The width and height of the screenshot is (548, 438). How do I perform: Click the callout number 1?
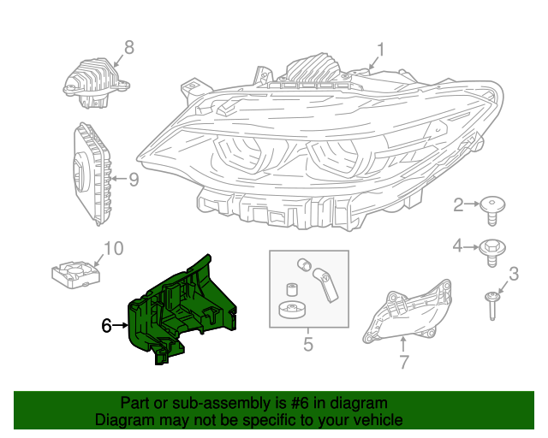pyautogui.click(x=380, y=50)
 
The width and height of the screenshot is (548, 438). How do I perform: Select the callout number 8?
pyautogui.click(x=128, y=47)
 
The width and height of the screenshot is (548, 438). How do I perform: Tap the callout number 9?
pyautogui.click(x=133, y=181)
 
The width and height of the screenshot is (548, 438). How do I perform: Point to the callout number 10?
pyautogui.click(x=113, y=249)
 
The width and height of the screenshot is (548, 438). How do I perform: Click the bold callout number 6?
pyautogui.click(x=106, y=325)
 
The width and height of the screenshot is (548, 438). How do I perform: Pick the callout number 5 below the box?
pyautogui.click(x=307, y=346)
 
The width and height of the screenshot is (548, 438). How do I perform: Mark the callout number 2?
pyautogui.click(x=458, y=204)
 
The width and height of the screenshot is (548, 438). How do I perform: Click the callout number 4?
pyautogui.click(x=458, y=246)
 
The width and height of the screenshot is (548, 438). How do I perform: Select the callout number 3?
pyautogui.click(x=514, y=275)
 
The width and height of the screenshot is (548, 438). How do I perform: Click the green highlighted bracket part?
pyautogui.click(x=182, y=308)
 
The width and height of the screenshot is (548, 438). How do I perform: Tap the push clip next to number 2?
pyautogui.click(x=492, y=206)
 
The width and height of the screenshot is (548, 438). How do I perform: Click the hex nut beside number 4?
pyautogui.click(x=494, y=247)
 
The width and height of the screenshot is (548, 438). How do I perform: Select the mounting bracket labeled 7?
pyautogui.click(x=408, y=311)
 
